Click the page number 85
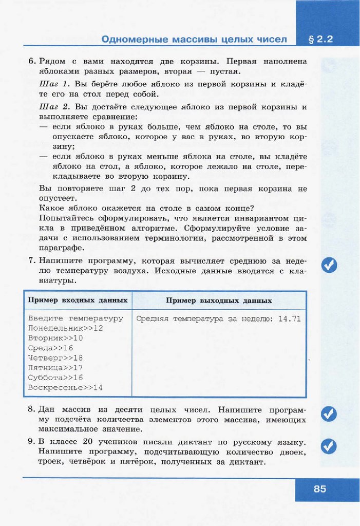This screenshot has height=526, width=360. [320, 489]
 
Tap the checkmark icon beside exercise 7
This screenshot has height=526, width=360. [329, 265]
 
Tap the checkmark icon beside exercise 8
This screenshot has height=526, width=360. [329, 414]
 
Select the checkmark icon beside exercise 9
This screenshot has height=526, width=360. [329, 446]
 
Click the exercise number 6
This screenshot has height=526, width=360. [31, 62]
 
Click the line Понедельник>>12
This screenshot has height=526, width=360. [66, 328]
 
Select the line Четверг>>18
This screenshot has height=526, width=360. [55, 358]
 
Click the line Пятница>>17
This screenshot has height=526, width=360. [55, 368]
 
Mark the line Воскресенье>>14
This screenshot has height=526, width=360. [66, 387]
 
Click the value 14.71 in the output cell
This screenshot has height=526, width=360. [289, 318]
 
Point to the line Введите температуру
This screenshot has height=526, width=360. [75, 318]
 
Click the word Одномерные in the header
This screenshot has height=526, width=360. [134, 40]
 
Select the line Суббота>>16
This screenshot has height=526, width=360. [55, 378]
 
